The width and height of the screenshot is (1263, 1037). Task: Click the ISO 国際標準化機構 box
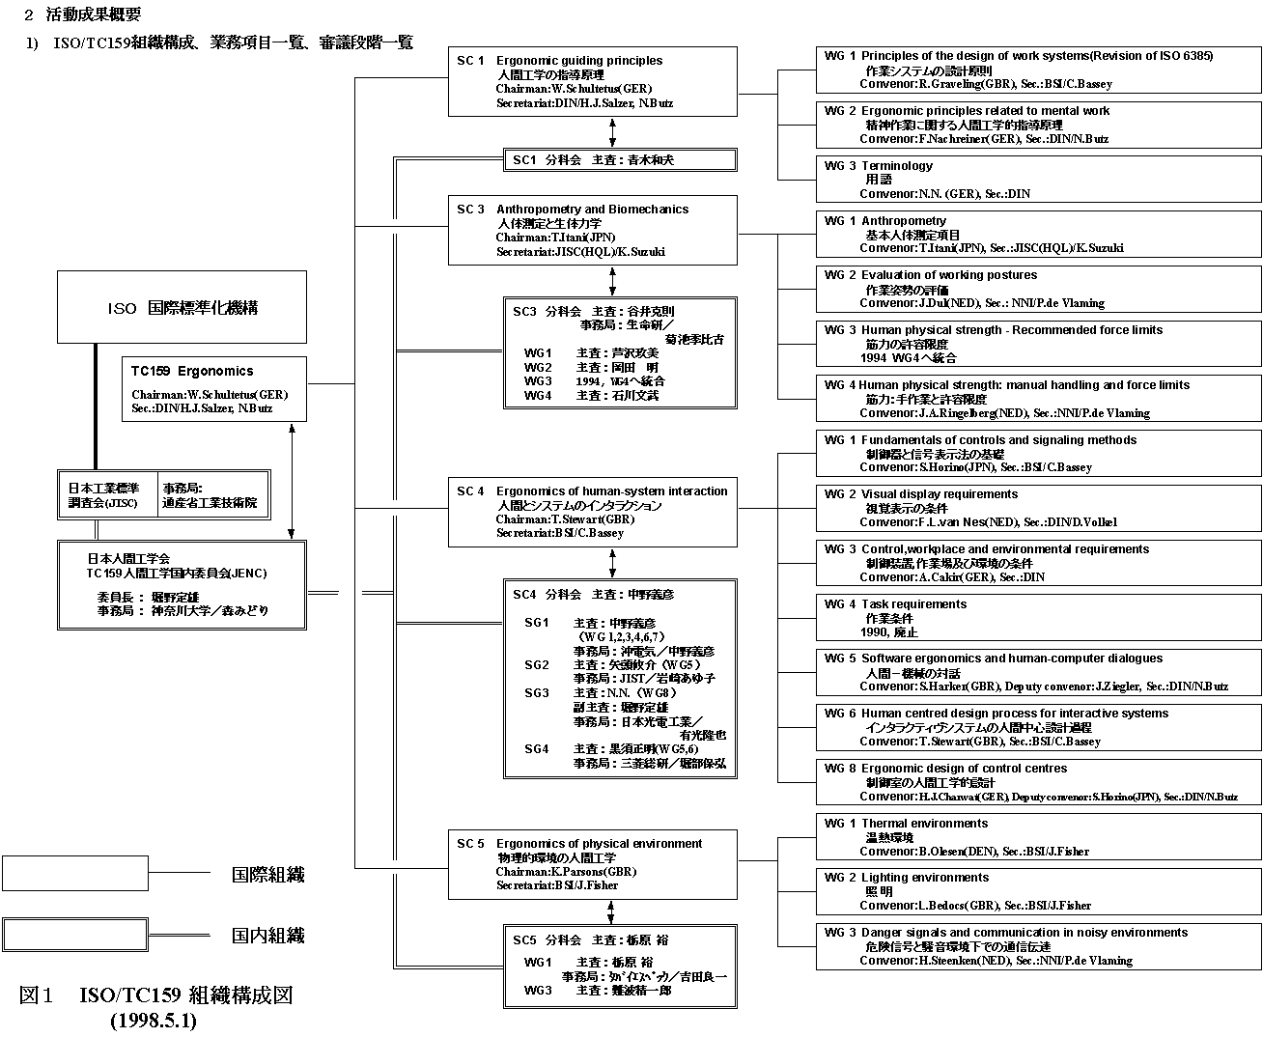(x=182, y=308)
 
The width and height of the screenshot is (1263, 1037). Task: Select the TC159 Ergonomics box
(x=214, y=389)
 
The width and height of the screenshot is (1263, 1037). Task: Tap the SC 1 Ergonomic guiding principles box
(x=592, y=81)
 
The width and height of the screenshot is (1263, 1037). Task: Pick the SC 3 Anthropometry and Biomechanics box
(x=592, y=230)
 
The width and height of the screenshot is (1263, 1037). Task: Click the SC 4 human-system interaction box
(x=592, y=512)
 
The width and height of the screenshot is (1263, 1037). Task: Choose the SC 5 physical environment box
(x=592, y=864)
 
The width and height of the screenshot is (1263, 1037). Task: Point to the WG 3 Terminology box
(x=1038, y=180)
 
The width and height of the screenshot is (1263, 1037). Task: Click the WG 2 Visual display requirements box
(x=1038, y=508)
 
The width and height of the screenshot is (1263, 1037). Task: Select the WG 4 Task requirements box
(x=1038, y=618)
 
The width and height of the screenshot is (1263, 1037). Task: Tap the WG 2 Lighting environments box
(x=1038, y=891)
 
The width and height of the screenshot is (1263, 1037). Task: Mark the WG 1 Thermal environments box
(x=1038, y=837)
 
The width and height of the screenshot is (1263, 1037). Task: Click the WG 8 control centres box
(x=1038, y=782)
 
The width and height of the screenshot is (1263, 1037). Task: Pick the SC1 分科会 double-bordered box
(x=620, y=160)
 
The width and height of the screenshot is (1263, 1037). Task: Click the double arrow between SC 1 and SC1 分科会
(x=612, y=127)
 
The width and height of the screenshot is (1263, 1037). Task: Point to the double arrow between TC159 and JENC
(x=292, y=481)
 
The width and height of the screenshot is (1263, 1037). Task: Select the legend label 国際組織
(x=267, y=875)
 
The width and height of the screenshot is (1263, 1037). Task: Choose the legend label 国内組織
(x=267, y=936)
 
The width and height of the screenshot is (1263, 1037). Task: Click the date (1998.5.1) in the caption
(x=153, y=1020)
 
